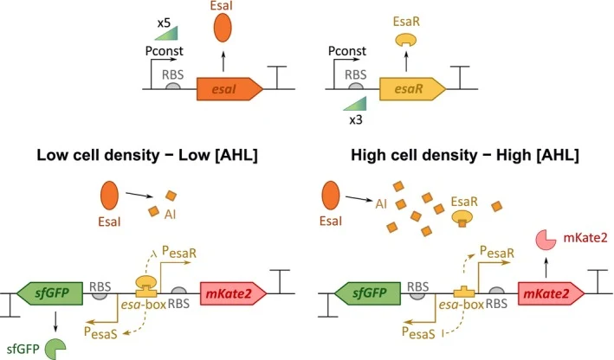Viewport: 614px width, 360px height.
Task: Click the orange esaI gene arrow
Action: (x=229, y=89)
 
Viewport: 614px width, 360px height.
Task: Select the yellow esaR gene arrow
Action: (x=412, y=89)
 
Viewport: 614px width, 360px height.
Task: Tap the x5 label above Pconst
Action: (x=164, y=23)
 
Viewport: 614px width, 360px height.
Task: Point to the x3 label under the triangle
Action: (x=356, y=119)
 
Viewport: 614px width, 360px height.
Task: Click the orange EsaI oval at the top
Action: (x=223, y=28)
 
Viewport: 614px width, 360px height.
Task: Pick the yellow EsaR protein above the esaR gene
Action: (x=405, y=40)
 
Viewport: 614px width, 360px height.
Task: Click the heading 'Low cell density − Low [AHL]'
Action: (x=147, y=156)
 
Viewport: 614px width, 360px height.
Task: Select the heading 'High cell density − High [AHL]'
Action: (x=465, y=156)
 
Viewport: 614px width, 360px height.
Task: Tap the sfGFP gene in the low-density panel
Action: (x=49, y=293)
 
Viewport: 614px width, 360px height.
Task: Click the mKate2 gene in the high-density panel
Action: (x=552, y=293)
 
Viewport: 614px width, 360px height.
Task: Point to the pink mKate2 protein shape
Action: (x=546, y=240)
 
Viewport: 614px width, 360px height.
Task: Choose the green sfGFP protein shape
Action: (x=55, y=349)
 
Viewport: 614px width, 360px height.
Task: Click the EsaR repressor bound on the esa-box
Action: (x=146, y=286)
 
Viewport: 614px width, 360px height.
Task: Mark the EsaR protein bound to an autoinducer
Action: (x=462, y=218)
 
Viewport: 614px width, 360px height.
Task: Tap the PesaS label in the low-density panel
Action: (x=100, y=332)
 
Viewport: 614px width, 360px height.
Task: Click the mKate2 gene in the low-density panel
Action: (x=233, y=293)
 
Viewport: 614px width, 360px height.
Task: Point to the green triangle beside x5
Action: (x=166, y=33)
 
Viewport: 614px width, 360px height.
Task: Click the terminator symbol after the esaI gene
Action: (x=277, y=78)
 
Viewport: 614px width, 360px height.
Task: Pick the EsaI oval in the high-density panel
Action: (x=331, y=196)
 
